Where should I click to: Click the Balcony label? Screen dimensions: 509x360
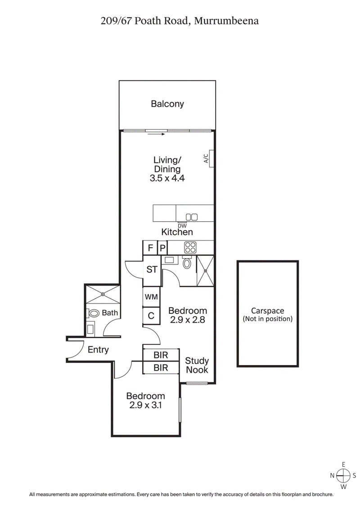167,104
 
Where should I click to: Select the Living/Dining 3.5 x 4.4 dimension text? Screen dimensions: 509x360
167,178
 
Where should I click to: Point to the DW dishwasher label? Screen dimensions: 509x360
182,226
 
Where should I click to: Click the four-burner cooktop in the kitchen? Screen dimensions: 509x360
190,247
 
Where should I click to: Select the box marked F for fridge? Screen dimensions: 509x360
149,248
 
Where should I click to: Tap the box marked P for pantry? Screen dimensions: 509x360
162,248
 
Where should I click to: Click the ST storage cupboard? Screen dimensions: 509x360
152,270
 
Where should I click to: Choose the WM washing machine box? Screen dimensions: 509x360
151,297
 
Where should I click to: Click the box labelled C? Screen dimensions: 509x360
151,316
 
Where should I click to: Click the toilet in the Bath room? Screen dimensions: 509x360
94,313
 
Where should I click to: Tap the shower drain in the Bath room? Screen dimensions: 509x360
103,294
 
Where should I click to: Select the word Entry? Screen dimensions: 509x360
98,349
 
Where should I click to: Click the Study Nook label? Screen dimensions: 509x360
197,365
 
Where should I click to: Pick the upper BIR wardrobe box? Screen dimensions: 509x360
161,355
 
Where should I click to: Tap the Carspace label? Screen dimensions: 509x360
267,311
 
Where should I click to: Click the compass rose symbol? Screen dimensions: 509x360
343,475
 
